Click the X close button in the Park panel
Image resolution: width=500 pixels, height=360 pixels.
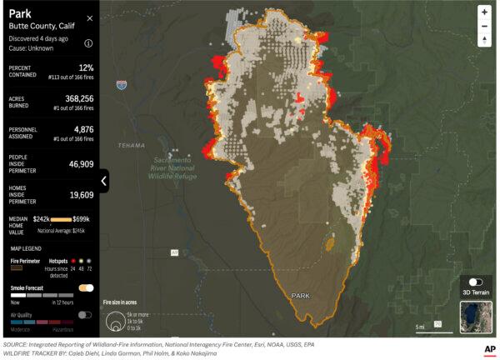click(x=90, y=17)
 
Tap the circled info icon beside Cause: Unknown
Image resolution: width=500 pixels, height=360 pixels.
click(x=88, y=42)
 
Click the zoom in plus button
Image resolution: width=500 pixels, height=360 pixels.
click(x=484, y=12)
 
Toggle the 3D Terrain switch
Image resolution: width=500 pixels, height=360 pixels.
click(x=476, y=282)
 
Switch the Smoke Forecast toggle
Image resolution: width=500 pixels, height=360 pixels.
click(x=86, y=287)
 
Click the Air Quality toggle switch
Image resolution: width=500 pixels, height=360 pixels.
click(x=86, y=315)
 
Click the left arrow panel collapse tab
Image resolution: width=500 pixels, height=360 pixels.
click(x=104, y=180)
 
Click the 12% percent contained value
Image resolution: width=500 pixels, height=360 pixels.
click(x=85, y=67)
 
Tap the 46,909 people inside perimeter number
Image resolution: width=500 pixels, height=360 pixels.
click(x=78, y=164)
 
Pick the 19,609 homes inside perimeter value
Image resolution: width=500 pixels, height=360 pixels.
click(x=78, y=194)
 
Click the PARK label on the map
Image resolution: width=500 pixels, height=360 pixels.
click(x=300, y=296)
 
